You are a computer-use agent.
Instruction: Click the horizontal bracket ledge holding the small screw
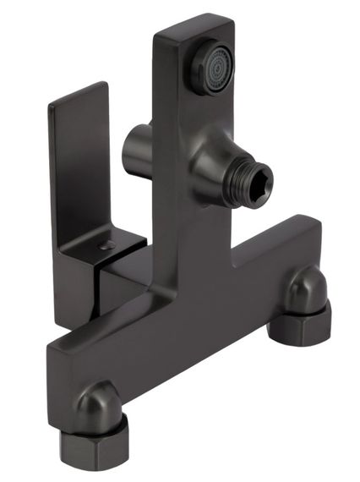click(114, 246)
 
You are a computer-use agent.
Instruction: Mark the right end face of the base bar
click(314, 254)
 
